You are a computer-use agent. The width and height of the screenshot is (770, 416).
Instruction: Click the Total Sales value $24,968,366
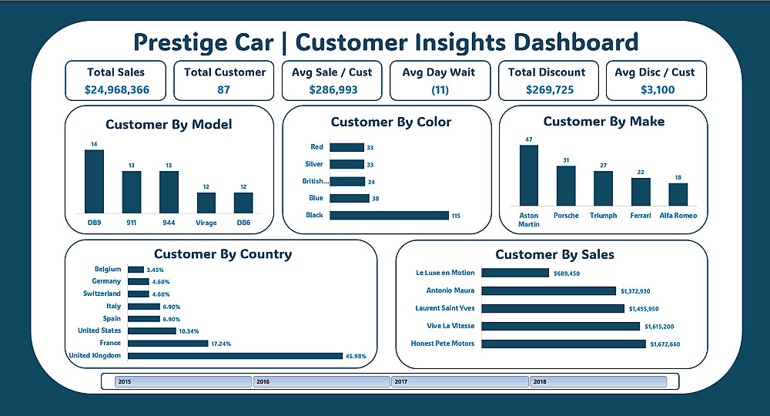point(115,89)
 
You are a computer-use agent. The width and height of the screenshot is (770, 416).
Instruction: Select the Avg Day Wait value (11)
point(439,89)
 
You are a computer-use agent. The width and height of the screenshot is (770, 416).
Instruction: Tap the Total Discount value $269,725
point(546,89)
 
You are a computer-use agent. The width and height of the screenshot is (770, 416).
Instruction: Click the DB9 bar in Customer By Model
point(94,181)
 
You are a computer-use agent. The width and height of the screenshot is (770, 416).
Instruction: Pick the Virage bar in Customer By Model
point(206,203)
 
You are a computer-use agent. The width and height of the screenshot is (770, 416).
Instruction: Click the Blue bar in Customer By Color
point(349,198)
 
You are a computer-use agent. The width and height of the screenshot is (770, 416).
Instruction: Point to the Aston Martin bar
point(529,175)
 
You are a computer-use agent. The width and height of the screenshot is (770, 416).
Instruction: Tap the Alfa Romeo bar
point(678,194)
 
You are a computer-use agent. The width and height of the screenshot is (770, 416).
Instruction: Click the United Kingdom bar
point(235,355)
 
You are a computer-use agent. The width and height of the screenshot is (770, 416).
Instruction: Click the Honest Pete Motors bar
point(564,344)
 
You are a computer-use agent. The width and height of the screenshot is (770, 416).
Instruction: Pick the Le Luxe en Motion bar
point(515,273)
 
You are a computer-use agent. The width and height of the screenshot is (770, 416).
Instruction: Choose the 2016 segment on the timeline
point(322,381)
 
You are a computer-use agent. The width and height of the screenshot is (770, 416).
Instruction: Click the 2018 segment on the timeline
point(597,381)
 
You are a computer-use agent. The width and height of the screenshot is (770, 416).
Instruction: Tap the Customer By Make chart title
point(604,122)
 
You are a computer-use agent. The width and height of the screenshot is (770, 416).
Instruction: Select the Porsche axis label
point(566,216)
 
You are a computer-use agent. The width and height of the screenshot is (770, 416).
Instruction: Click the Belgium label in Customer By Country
point(108,270)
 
